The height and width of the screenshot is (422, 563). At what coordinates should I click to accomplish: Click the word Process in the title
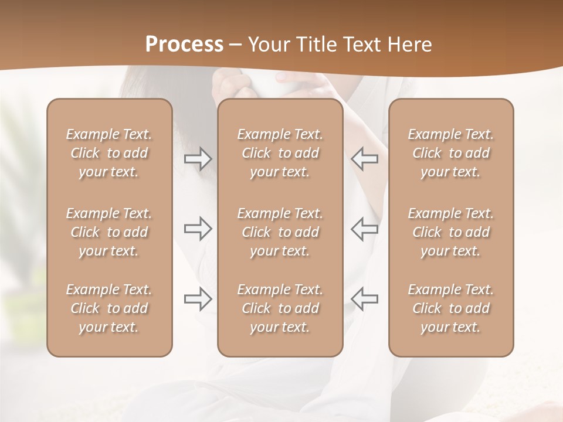click(x=184, y=45)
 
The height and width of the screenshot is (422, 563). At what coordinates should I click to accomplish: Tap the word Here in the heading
click(x=410, y=45)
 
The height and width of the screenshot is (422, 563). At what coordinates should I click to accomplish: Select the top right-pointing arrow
click(x=198, y=159)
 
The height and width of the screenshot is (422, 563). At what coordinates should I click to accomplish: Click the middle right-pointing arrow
click(x=198, y=229)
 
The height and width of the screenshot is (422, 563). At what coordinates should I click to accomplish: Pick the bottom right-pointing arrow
click(x=198, y=299)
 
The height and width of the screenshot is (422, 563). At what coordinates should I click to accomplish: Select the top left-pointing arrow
click(x=365, y=159)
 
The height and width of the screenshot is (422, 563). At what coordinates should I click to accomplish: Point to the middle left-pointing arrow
click(x=365, y=229)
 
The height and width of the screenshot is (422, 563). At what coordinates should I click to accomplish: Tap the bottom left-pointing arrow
click(x=365, y=299)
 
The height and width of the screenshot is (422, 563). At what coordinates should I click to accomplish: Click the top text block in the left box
click(x=109, y=153)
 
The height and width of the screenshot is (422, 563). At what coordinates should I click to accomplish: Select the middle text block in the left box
click(x=109, y=232)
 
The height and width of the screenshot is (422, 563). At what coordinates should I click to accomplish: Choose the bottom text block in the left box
click(x=109, y=308)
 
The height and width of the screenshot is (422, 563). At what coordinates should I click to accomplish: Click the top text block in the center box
click(x=280, y=153)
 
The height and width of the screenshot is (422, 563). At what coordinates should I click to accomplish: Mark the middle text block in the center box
click(x=280, y=232)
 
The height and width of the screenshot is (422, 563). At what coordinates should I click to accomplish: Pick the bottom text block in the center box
click(x=280, y=308)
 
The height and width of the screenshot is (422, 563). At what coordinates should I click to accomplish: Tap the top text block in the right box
click(x=451, y=153)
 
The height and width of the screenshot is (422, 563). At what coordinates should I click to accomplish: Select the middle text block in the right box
click(x=451, y=232)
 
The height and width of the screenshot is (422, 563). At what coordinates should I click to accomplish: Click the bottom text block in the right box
click(x=451, y=308)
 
